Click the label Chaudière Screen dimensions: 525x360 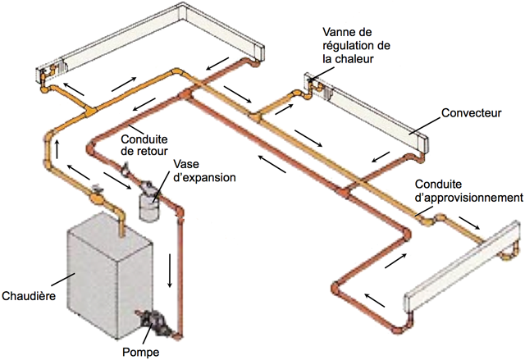click(x=29, y=296)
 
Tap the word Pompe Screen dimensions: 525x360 click(x=140, y=353)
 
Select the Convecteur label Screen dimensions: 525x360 click(x=472, y=112)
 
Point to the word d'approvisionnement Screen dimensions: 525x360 click(x=468, y=198)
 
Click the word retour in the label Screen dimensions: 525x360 click(x=152, y=151)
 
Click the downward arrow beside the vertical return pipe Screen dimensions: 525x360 click(x=170, y=271)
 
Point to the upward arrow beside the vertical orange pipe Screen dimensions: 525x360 click(x=57, y=149)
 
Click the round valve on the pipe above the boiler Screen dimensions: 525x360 click(x=96, y=198)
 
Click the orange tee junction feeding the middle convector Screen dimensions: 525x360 click(x=255, y=116)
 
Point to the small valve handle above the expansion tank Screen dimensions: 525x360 click(x=126, y=168)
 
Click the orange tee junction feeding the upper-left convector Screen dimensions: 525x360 click(x=89, y=111)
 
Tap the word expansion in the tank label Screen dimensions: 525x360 click(x=205, y=177)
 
